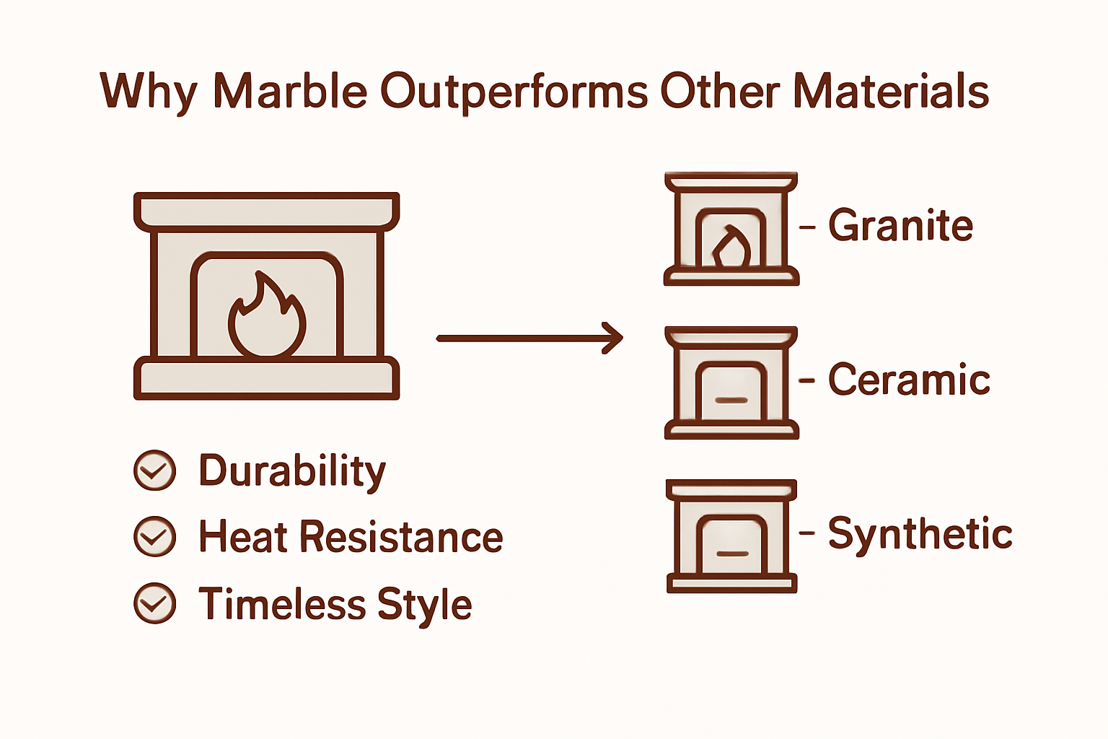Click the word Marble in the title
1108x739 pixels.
290,92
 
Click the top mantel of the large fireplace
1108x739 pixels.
267,211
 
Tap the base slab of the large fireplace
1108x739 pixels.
267,377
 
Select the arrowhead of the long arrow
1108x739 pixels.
613,338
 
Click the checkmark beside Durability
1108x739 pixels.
155,471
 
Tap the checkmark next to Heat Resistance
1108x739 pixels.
155,537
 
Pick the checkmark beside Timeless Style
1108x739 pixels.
155,603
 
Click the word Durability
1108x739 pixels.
292,472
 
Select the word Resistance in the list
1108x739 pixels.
401,537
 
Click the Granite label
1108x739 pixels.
900,225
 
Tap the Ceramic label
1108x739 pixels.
909,380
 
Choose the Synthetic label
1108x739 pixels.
920,534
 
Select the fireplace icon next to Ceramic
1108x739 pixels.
731,382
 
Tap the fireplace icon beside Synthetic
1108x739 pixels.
731,536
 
